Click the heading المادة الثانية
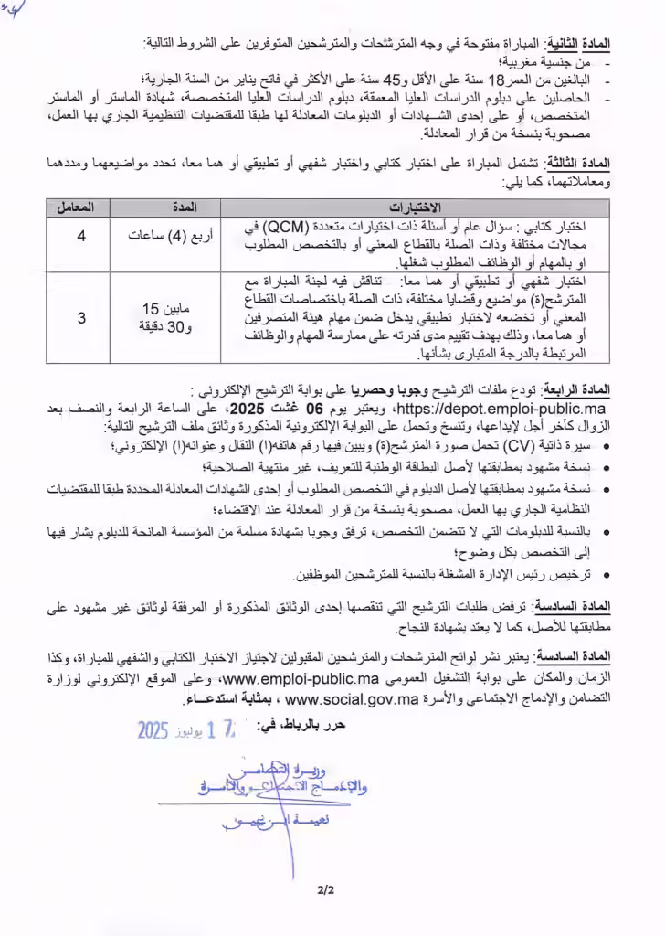tap(580, 44)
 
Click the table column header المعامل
tap(80, 207)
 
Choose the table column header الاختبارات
tap(416, 207)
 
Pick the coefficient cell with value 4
tap(80, 237)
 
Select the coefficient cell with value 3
tap(80, 318)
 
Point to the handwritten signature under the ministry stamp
tap(274, 822)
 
